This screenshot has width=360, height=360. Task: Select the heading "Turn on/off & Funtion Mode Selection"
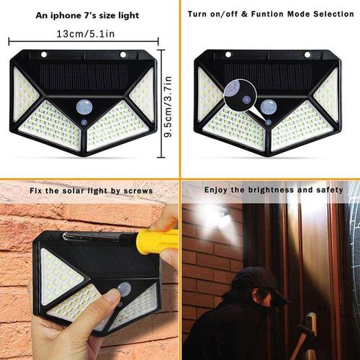269,14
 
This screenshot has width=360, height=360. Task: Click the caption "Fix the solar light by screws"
92,191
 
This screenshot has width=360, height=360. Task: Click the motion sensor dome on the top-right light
269,108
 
